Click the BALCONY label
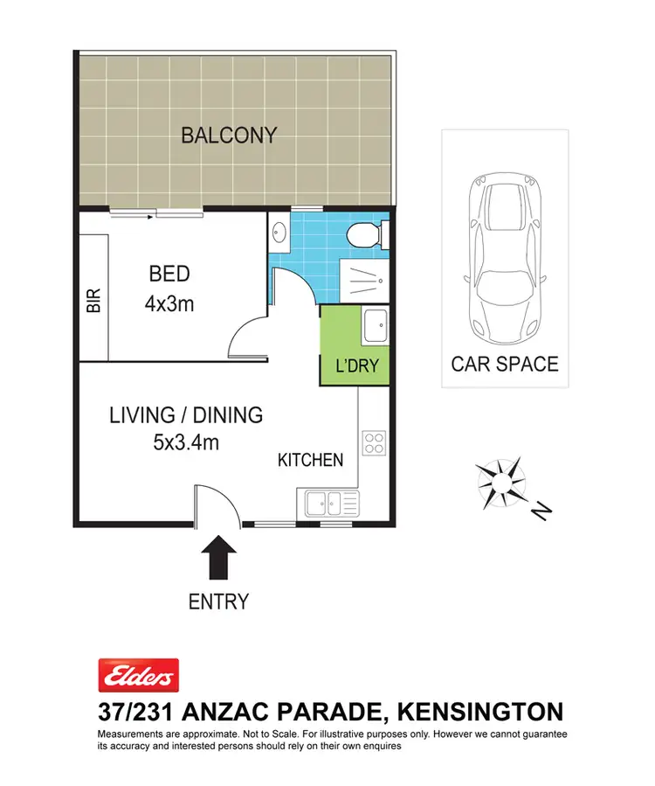(229, 136)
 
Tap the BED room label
(169, 274)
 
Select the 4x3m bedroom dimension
(169, 304)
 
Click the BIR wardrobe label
(94, 301)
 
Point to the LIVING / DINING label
(185, 415)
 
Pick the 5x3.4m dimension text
(185, 442)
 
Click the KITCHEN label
(310, 460)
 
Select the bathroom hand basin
(279, 233)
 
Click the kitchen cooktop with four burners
(374, 443)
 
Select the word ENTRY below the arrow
(218, 602)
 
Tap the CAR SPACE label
(504, 364)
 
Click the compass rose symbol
(501, 482)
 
